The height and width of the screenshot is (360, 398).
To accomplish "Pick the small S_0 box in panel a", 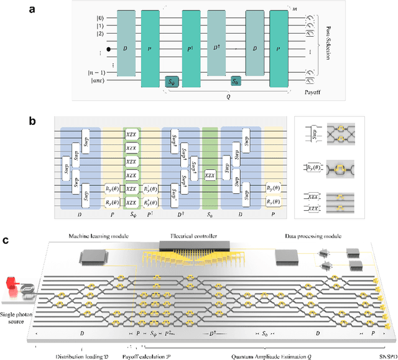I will tap(236, 80).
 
